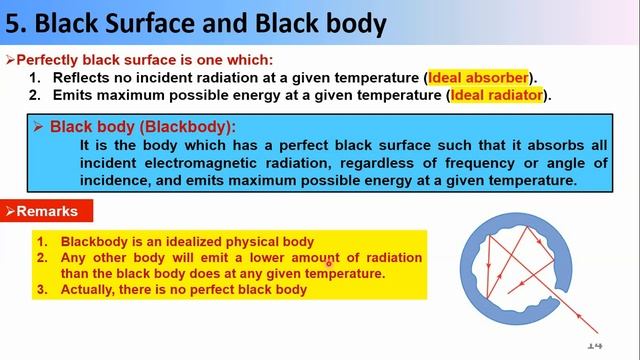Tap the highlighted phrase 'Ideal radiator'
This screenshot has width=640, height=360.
497,95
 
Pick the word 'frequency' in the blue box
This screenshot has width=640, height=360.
473,162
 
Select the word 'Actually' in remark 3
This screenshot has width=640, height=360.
91,289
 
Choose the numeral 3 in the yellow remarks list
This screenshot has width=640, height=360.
41,289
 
